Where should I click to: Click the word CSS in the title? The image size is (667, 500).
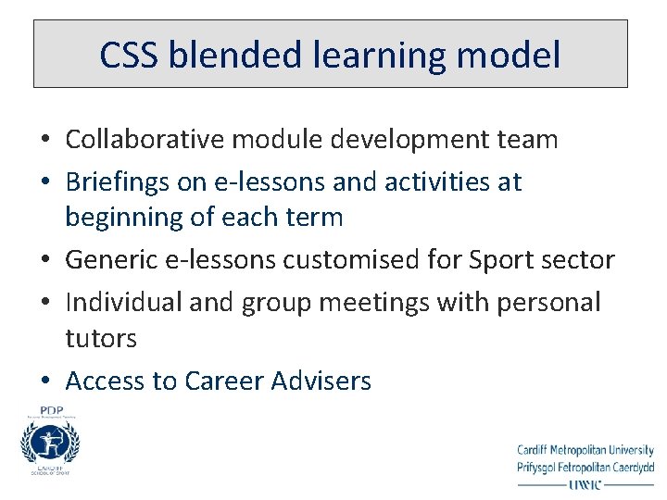click(x=129, y=56)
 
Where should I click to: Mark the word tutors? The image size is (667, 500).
click(x=101, y=338)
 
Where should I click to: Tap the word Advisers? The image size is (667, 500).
click(x=323, y=381)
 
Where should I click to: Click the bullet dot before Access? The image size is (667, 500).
click(x=44, y=381)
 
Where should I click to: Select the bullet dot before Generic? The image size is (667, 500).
click(x=44, y=261)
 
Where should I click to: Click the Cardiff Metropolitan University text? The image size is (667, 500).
click(x=585, y=451)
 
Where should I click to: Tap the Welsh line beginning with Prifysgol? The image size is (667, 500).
click(x=585, y=467)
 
